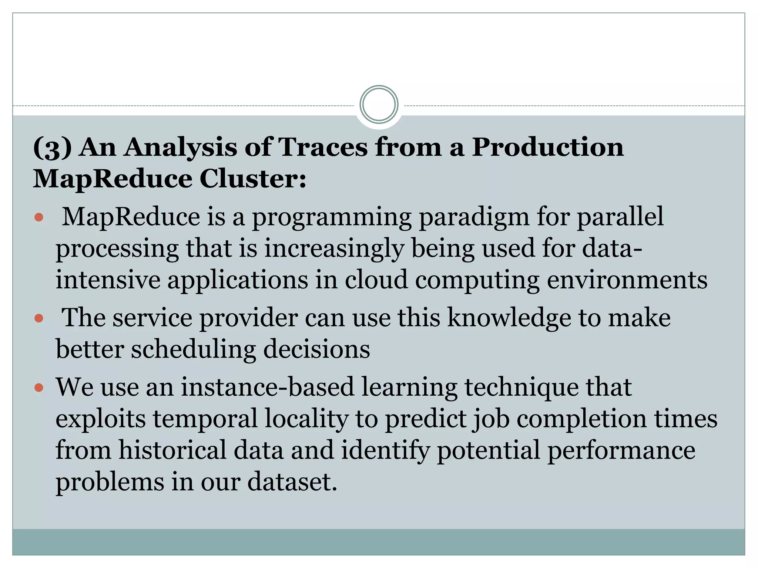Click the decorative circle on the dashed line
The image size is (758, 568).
pyautogui.click(x=379, y=105)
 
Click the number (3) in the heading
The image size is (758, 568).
pyautogui.click(x=52, y=148)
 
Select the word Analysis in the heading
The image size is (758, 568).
pyautogui.click(x=180, y=148)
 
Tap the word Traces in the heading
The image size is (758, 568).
pyautogui.click(x=322, y=147)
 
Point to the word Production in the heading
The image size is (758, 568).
pyautogui.click(x=548, y=147)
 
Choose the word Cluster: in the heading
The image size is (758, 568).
pyautogui.click(x=253, y=179)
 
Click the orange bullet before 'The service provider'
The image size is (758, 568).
pyautogui.click(x=39, y=318)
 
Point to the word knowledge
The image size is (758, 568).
pyautogui.click(x=509, y=318)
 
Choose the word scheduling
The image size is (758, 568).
pyautogui.click(x=193, y=350)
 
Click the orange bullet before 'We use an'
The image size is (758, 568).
pyautogui.click(x=39, y=388)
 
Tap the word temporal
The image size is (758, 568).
pyautogui.click(x=205, y=419)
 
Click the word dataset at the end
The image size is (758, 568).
pyautogui.click(x=292, y=482)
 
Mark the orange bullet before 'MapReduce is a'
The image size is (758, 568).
pyautogui.click(x=39, y=217)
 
